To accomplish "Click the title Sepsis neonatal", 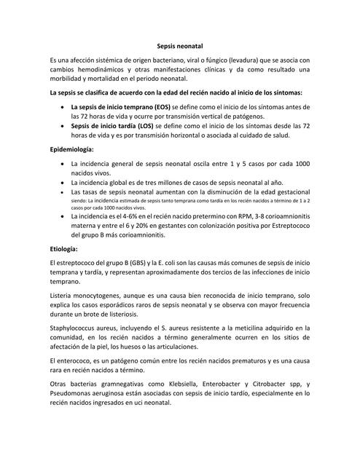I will (x=179, y=45).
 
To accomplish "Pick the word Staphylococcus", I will (x=76, y=329).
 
